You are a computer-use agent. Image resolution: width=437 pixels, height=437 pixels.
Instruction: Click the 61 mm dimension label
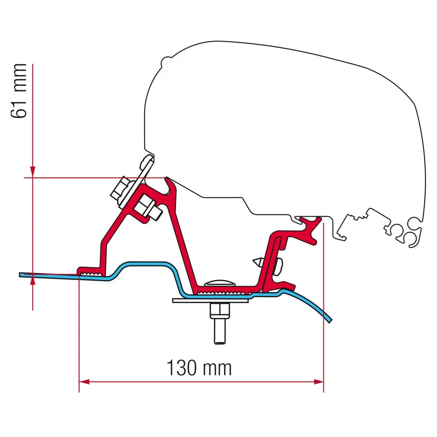click(x=19, y=91)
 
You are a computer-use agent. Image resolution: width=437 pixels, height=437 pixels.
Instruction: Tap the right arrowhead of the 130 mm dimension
click(x=318, y=382)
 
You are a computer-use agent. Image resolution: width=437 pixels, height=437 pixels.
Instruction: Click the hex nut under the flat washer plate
click(x=220, y=312)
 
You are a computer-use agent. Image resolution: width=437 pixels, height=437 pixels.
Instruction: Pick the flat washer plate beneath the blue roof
click(x=210, y=300)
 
